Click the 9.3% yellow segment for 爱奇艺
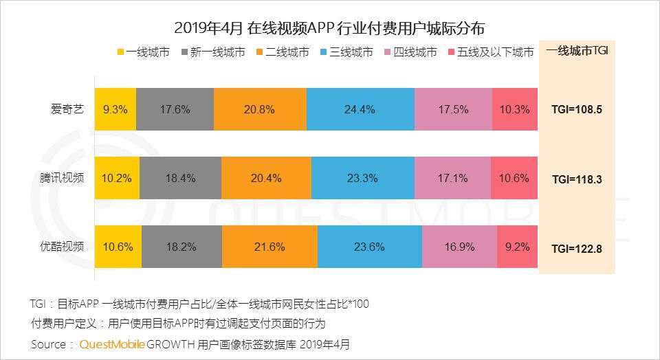pyautogui.click(x=115, y=109)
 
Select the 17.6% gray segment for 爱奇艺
pyautogui.click(x=175, y=109)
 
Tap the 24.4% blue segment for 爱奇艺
pyautogui.click(x=360, y=109)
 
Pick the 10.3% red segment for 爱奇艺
pyautogui.click(x=514, y=109)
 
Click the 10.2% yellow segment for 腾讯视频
pyautogui.click(x=117, y=178)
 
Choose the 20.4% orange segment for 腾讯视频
pyautogui.click(x=266, y=178)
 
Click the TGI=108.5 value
pyautogui.click(x=577, y=109)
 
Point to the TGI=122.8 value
pyautogui.click(x=577, y=248)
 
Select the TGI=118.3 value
pyautogui.click(x=577, y=179)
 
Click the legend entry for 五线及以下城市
pyautogui.click(x=489, y=53)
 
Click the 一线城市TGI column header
pyautogui.click(x=577, y=52)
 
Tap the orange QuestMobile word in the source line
pyautogui.click(x=112, y=344)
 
